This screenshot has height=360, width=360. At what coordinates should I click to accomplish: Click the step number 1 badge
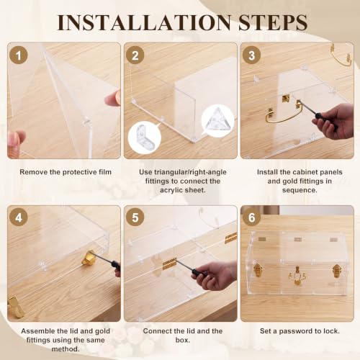click(x=19, y=55)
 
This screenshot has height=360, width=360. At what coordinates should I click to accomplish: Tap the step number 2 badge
click(x=135, y=55)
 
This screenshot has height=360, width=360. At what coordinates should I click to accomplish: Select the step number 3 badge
click(x=251, y=55)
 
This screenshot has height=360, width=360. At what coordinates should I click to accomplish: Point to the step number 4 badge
click(x=19, y=217)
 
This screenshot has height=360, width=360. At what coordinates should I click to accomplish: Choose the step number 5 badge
click(x=135, y=217)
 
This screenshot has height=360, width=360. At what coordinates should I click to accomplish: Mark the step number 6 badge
click(x=251, y=217)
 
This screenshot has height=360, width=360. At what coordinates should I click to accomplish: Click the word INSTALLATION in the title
click(x=144, y=22)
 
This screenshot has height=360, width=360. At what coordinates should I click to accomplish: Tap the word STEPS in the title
click(x=273, y=22)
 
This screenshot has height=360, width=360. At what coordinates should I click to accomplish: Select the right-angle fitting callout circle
click(x=145, y=138)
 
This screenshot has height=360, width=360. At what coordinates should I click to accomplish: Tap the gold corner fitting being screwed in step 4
click(x=88, y=258)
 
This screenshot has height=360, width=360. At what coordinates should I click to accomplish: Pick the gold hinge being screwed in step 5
click(x=169, y=264)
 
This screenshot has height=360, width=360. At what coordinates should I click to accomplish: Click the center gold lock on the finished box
click(x=297, y=276)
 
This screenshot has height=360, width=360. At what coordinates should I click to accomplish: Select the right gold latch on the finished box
click(x=337, y=271)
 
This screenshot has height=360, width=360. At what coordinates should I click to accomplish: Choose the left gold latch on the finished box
click(x=257, y=270)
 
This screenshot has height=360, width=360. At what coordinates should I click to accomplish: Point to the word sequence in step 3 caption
click(x=300, y=190)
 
